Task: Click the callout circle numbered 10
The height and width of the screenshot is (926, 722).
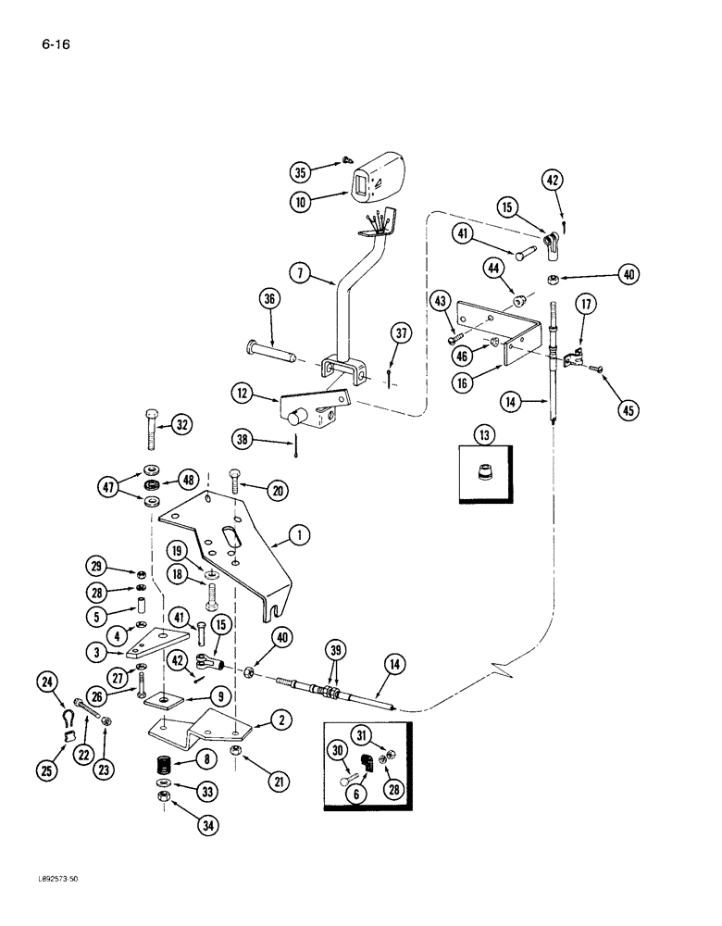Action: click(299, 199)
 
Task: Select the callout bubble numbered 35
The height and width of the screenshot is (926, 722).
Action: click(299, 171)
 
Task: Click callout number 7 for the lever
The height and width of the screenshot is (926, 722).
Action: click(299, 275)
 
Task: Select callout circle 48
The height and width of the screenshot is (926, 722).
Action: click(189, 480)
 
